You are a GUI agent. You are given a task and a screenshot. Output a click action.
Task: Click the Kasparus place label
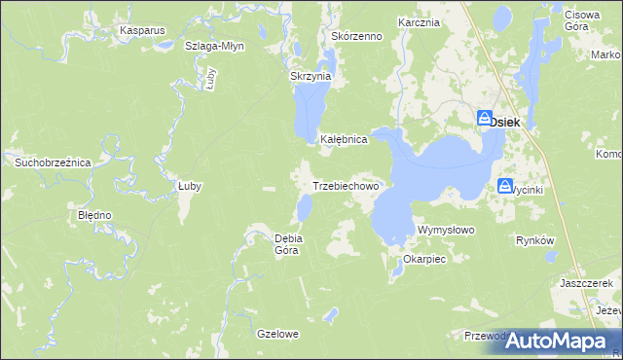pyautogui.click(x=143, y=30)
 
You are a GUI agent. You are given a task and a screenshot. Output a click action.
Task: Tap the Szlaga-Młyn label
pyautogui.click(x=214, y=46)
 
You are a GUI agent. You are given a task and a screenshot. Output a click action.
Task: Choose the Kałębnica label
pyautogui.click(x=344, y=139)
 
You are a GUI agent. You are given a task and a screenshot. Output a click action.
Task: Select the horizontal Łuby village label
pyautogui.click(x=189, y=186)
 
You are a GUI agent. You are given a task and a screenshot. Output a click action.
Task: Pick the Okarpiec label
pyautogui.click(x=423, y=260)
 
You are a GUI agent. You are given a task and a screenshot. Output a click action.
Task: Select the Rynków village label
pyautogui.click(x=534, y=240)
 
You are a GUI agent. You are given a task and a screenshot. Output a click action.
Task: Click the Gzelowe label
pyautogui.click(x=277, y=334)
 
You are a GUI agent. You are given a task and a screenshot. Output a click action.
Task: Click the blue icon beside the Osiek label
pyautogui.click(x=485, y=120)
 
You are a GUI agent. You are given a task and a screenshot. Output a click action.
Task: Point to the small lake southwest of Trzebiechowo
pyautogui.click(x=305, y=206)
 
